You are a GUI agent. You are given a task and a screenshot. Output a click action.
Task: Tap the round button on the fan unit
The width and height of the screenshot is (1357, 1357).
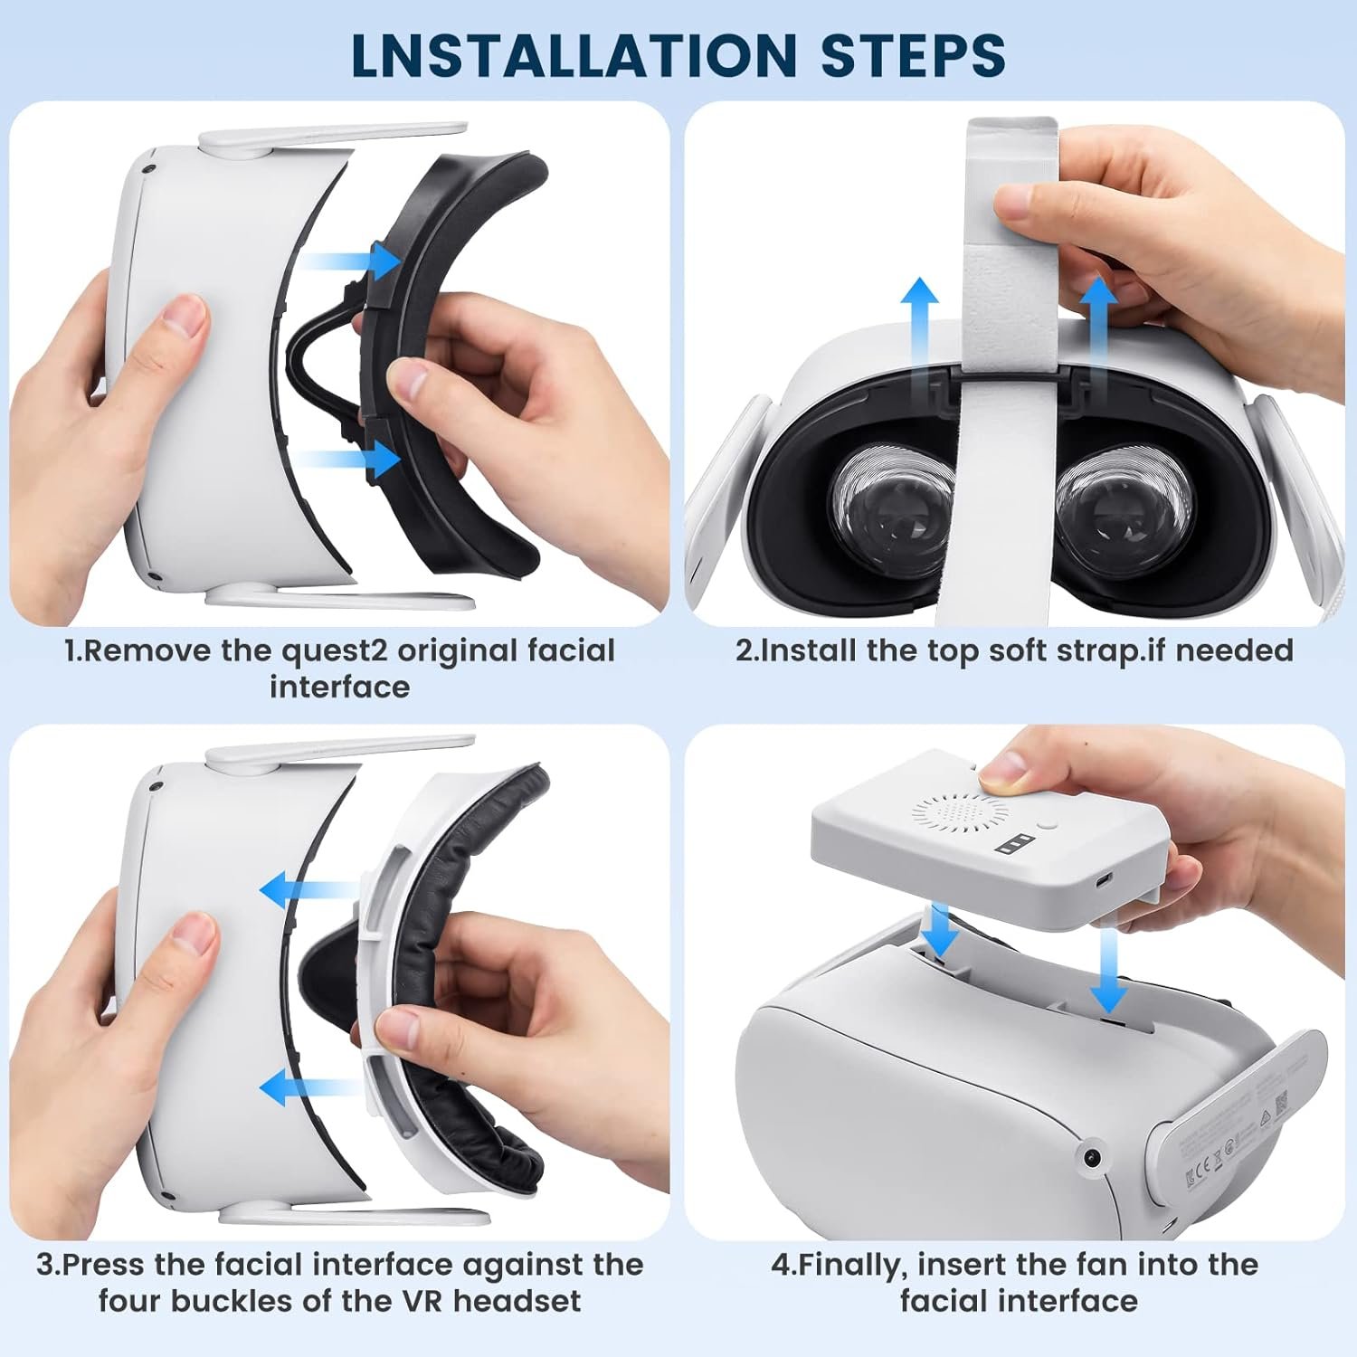[x=1048, y=825]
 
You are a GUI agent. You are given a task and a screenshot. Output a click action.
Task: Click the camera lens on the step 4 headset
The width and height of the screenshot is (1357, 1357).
[x=1093, y=1158]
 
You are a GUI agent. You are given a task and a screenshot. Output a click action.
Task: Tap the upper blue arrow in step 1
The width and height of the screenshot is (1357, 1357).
[x=349, y=262]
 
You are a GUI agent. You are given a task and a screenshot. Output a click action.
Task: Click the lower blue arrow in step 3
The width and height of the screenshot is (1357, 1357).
[x=311, y=1087]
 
